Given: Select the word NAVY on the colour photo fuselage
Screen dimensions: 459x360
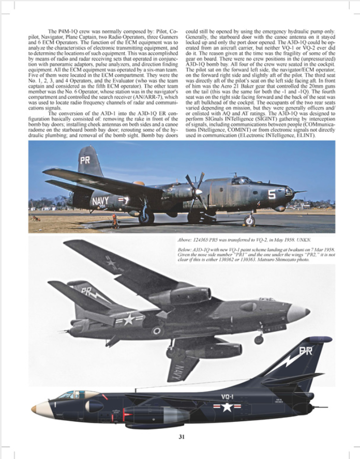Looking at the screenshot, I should coord(100,200).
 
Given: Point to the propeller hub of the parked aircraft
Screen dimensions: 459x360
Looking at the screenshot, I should coord(198,191).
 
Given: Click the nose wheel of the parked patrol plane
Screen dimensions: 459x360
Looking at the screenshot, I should coord(249,221).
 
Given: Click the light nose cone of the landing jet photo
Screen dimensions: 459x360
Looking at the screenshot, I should coord(299,312).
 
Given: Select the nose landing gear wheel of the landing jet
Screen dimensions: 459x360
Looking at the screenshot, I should coord(258,340).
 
